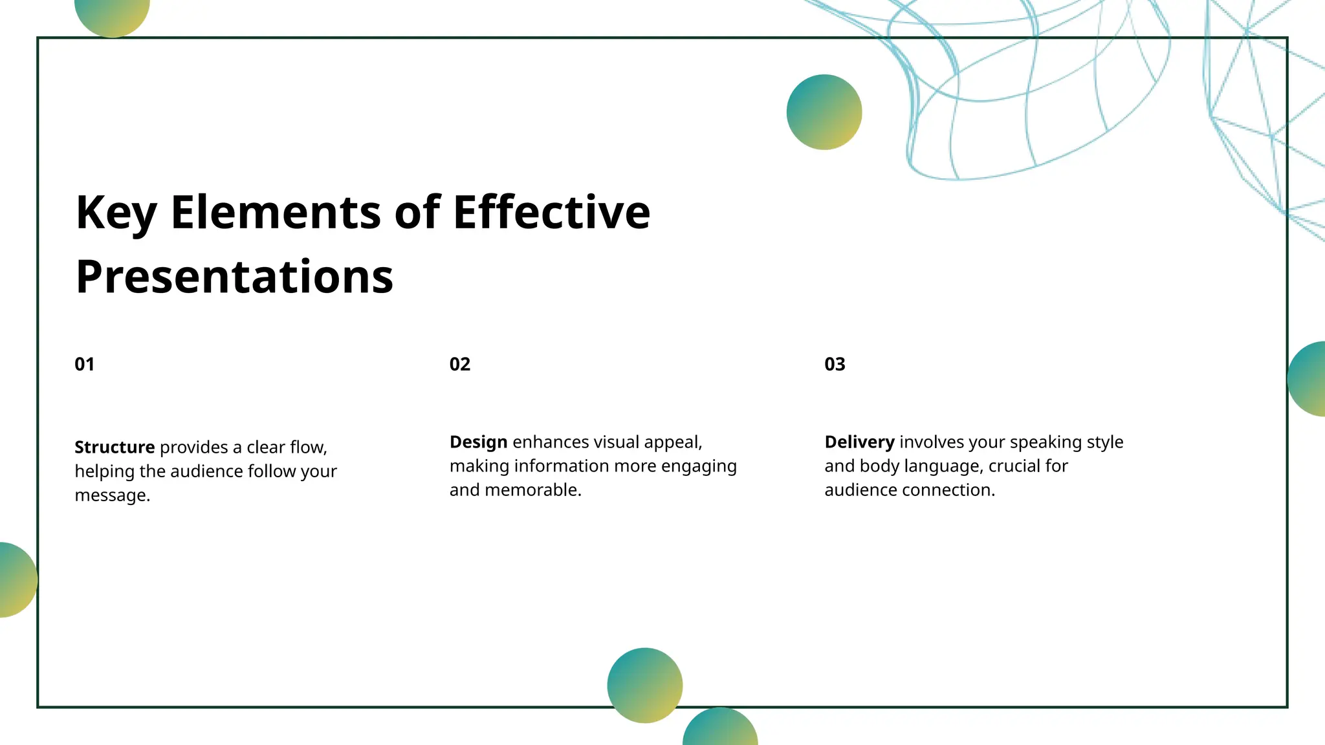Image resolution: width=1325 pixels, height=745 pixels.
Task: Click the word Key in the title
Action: point(116,213)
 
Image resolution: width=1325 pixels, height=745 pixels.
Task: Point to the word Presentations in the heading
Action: point(234,277)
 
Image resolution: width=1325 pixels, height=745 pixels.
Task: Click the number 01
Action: point(85,364)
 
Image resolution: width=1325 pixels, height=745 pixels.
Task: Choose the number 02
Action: point(460,364)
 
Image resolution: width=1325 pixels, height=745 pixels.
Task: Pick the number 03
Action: point(835,364)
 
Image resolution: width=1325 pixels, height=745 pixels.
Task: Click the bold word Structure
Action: point(115,447)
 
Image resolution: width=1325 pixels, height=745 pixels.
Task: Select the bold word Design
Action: point(478,442)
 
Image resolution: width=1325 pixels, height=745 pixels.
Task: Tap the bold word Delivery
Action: point(859,442)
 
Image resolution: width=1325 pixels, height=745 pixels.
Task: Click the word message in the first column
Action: point(111,495)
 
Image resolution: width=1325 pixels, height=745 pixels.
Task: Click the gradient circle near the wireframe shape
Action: point(824,112)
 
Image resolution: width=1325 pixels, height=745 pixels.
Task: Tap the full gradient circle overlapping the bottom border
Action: point(644,685)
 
